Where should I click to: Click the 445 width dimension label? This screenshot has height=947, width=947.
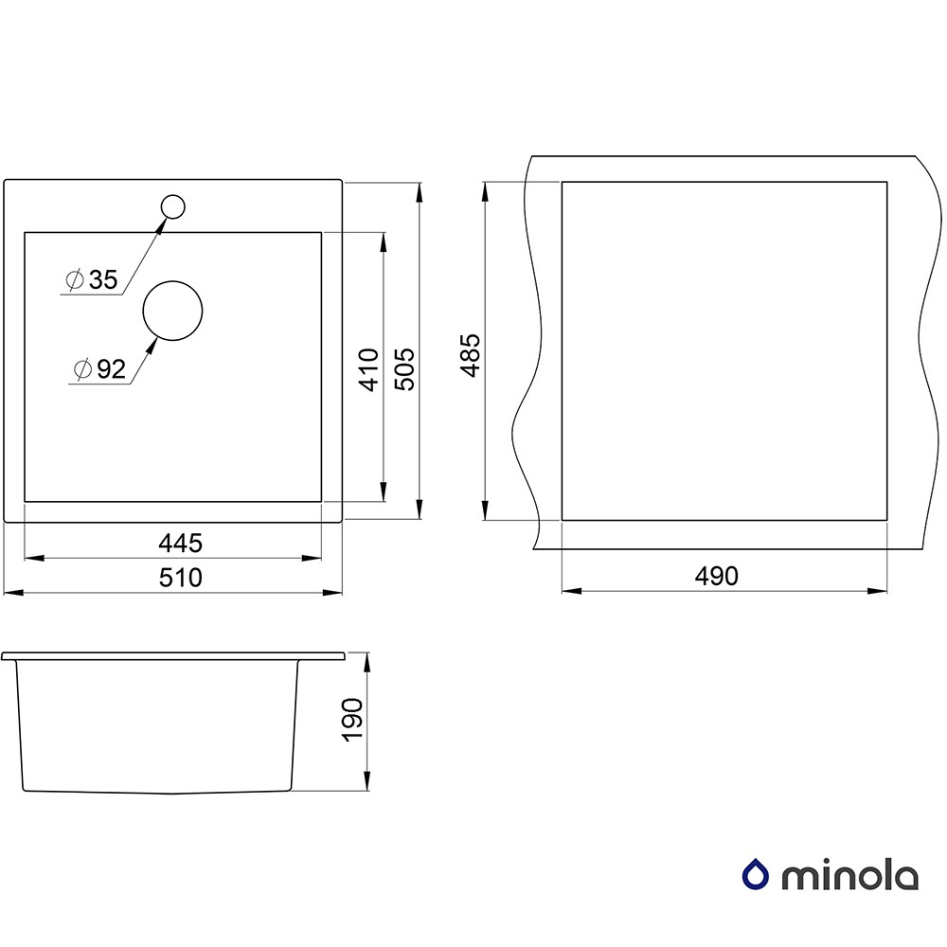pyautogui.click(x=180, y=543)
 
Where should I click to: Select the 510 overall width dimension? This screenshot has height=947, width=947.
pyautogui.click(x=180, y=578)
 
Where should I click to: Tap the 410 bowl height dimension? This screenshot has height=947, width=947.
pyautogui.click(x=368, y=369)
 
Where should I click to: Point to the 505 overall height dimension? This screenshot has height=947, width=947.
pyautogui.click(x=404, y=369)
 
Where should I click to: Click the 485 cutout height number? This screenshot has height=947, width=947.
pyautogui.click(x=470, y=355)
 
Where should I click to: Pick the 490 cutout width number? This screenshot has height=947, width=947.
pyautogui.click(x=716, y=576)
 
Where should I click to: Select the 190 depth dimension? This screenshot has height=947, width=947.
pyautogui.click(x=352, y=719)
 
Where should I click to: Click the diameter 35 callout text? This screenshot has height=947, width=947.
pyautogui.click(x=92, y=279)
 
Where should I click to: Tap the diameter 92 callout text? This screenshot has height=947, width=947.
pyautogui.click(x=99, y=368)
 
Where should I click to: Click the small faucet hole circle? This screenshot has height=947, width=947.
pyautogui.click(x=172, y=206)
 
